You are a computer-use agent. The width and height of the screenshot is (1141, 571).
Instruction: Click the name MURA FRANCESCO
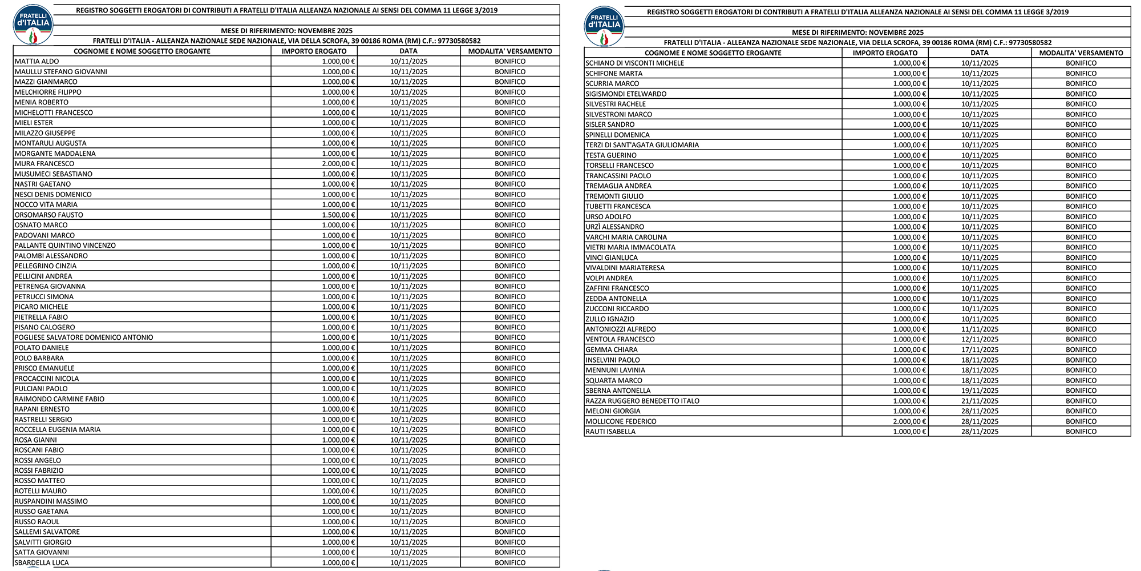44,164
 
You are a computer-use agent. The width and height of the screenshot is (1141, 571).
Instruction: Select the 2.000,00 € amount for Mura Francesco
338,164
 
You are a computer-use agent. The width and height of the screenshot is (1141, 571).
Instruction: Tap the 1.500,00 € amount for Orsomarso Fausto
338,215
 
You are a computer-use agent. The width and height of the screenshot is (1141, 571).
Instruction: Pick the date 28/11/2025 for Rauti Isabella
980,432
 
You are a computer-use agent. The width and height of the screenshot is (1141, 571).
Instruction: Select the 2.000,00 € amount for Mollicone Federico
909,421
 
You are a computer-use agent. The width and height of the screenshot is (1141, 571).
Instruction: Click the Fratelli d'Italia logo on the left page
33,25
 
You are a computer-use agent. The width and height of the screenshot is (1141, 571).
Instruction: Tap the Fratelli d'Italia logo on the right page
604,26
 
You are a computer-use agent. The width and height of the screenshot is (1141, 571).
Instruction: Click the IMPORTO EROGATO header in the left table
314,51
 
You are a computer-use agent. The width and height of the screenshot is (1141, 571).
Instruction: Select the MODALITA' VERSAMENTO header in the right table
1081,53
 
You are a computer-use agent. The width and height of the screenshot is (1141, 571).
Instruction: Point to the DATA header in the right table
980,53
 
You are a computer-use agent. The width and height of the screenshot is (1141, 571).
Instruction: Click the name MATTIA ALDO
37,62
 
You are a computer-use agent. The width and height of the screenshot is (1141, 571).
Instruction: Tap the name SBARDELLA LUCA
42,562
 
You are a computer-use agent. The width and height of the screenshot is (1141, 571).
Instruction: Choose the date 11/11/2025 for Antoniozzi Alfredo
980,329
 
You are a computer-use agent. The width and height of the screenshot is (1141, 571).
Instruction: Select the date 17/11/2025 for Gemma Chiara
980,350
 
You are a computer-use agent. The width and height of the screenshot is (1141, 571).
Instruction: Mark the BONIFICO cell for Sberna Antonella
1081,391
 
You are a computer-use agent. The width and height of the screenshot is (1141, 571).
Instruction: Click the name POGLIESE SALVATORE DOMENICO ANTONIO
84,337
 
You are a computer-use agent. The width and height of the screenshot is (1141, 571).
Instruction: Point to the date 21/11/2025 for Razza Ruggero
980,401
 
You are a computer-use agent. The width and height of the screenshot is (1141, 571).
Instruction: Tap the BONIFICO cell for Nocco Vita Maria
510,204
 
